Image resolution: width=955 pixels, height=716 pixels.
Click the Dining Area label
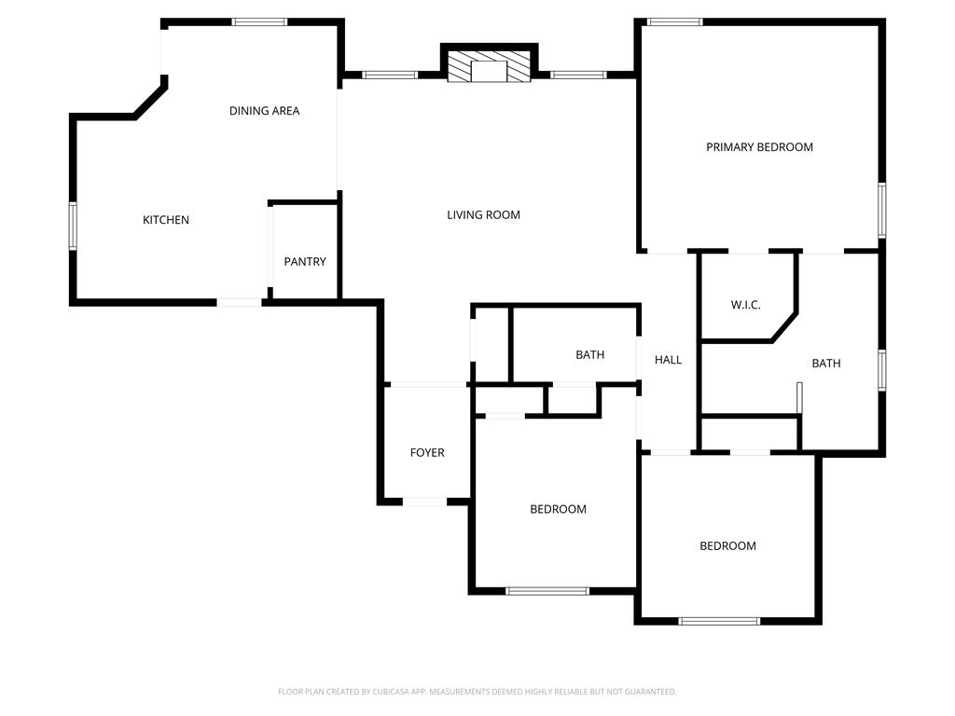(x=264, y=111)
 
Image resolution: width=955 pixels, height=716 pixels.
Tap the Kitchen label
(x=166, y=220)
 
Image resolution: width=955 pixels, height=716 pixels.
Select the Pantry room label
(x=305, y=261)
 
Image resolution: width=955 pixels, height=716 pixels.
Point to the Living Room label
(x=484, y=215)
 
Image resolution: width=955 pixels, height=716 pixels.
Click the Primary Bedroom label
(x=759, y=146)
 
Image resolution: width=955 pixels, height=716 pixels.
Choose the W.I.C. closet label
(x=745, y=305)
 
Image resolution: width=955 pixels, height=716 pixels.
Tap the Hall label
(x=668, y=360)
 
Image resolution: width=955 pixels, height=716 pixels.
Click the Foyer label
(x=427, y=452)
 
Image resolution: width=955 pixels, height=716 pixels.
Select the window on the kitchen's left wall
(x=73, y=226)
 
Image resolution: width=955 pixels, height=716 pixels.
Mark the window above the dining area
(x=259, y=22)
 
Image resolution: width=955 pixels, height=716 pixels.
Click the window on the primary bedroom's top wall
(x=674, y=22)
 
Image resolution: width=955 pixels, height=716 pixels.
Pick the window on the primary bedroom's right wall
(x=882, y=210)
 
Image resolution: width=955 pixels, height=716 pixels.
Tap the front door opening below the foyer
(x=424, y=502)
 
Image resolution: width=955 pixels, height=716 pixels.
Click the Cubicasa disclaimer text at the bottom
(x=477, y=692)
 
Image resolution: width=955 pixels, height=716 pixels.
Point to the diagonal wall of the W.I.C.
(x=784, y=327)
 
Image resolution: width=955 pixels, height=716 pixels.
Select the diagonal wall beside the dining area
(x=150, y=101)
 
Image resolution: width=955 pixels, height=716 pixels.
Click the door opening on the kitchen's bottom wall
(x=240, y=302)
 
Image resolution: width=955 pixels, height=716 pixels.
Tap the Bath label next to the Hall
(x=590, y=354)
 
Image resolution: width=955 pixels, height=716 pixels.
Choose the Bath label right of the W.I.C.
(x=826, y=364)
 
